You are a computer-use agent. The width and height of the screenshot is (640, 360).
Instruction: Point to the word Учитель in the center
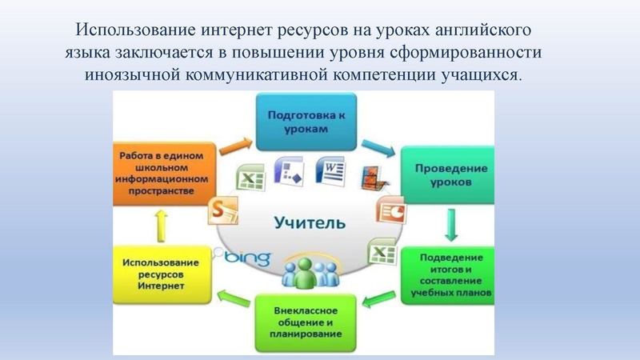pos(308,222)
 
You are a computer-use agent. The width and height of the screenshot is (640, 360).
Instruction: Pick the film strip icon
pos(370,177)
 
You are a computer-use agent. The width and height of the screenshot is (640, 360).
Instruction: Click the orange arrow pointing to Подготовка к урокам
pos(234,146)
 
